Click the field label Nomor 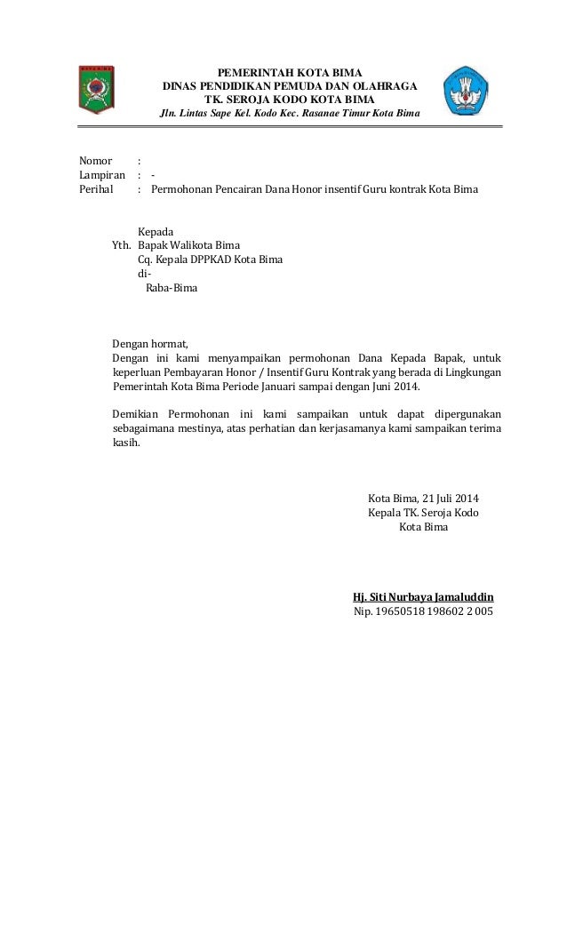95,162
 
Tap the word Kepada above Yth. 156,232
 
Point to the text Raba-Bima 172,289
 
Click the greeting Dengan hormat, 151,344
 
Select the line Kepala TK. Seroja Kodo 423,513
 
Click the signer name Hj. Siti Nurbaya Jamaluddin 424,596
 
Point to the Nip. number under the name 424,611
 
